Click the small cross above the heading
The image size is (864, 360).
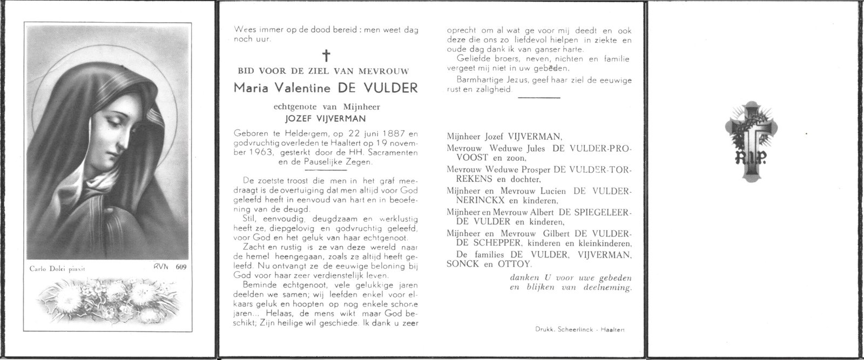[x=326, y=55]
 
